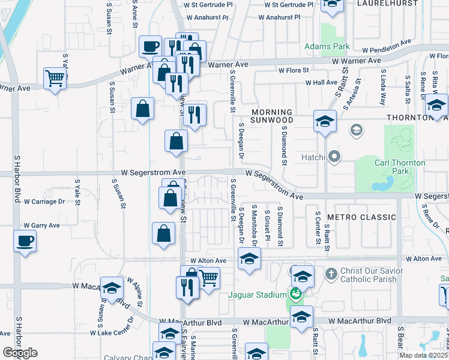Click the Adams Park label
(327, 46)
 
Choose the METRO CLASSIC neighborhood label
(361, 217)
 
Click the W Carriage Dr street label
(44, 202)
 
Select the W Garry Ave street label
(41, 226)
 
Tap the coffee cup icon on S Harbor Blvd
(25, 241)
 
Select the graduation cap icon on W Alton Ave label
(249, 259)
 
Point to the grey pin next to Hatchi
(335, 157)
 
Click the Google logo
(20, 353)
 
